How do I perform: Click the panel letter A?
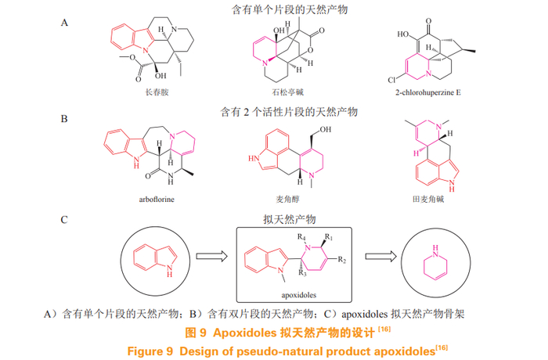65,23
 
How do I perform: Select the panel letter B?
65,119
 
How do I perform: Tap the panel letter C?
65,219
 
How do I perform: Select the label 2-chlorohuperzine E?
429,92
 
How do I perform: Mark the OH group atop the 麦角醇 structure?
324,131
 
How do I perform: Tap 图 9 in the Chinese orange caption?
196,333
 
